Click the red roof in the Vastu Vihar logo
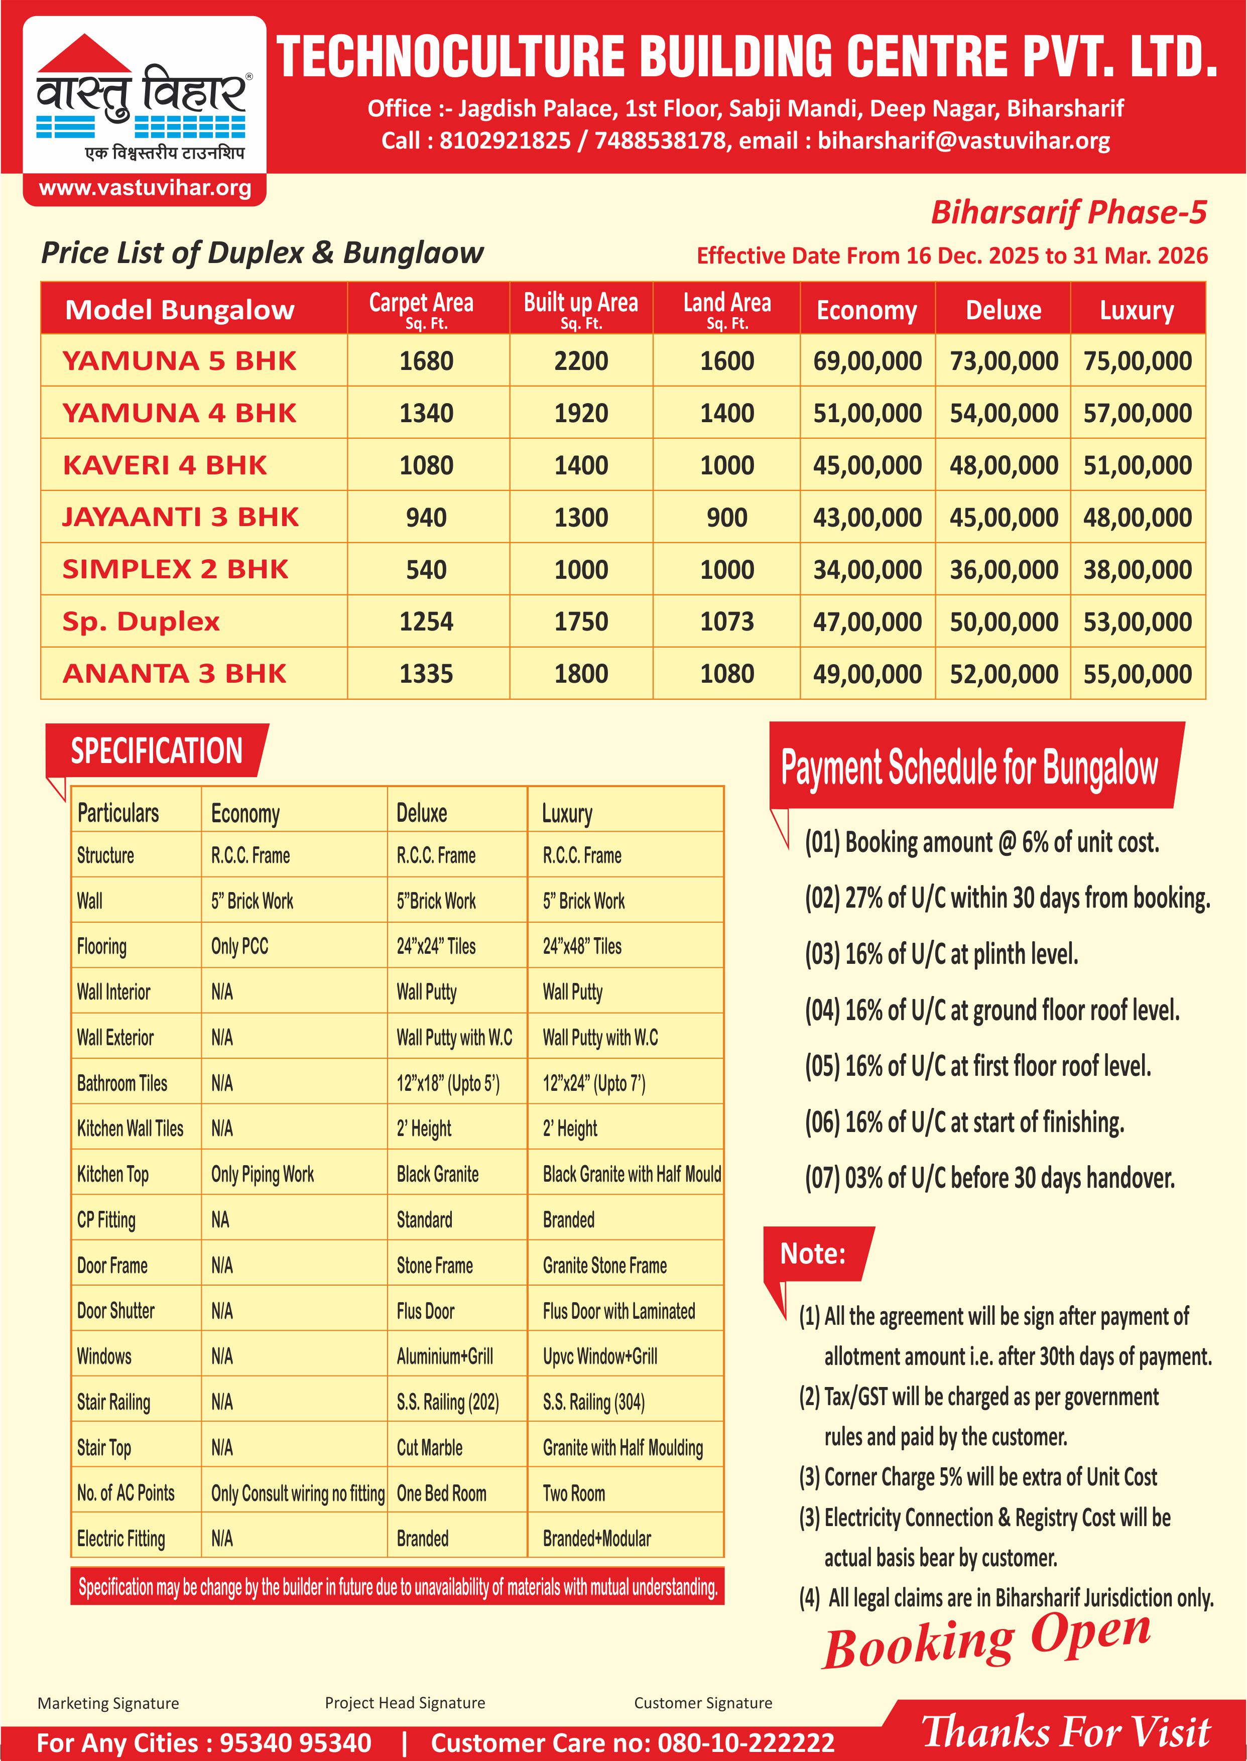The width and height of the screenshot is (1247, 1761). coord(84,54)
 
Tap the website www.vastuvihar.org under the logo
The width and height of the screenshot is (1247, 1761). coord(145,188)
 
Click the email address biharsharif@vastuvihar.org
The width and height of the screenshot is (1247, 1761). coord(964,141)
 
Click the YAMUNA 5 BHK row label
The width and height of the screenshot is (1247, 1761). coord(179,361)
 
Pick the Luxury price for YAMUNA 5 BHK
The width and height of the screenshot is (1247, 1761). coord(1137,361)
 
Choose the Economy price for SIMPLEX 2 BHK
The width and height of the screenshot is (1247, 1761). coord(867,570)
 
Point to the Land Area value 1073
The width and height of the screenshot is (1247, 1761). coord(726,622)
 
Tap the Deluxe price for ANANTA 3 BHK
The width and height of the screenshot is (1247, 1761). coord(1004,674)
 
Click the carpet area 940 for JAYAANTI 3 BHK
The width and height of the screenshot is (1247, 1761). coord(426,518)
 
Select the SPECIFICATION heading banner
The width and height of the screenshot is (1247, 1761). coord(157,751)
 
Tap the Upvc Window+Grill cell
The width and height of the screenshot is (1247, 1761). coord(600,1356)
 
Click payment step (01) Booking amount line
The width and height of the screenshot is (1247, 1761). coord(981,842)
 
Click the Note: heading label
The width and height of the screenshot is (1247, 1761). coord(812,1253)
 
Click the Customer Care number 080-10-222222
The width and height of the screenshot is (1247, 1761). coord(745,1742)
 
